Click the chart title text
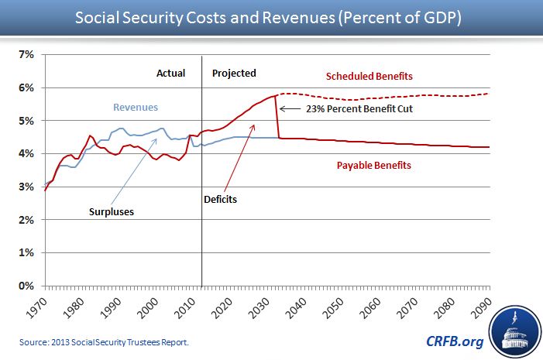pos(271,16)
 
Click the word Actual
pos(171,74)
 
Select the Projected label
pos(234,74)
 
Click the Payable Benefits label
pos(374,165)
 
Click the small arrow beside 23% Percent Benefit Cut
pos(291,109)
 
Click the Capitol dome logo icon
pos(514,331)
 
